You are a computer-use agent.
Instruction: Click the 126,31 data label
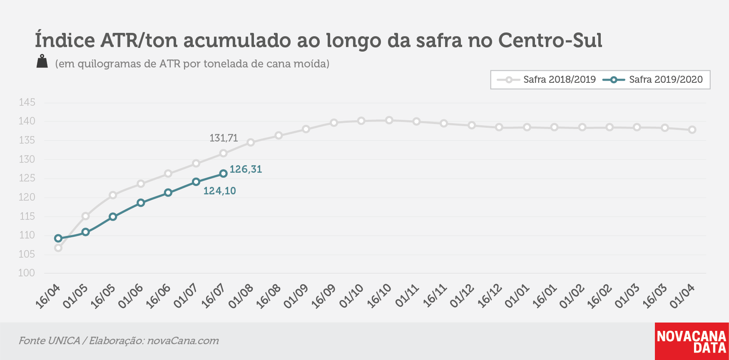tap(246, 169)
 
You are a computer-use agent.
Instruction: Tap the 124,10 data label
tap(219, 191)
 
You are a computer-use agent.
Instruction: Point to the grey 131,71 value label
tap(224, 138)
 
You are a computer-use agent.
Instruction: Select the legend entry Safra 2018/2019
tap(546, 79)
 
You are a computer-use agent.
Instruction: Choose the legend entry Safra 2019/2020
tap(652, 79)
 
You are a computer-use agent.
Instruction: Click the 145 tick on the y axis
tap(27, 102)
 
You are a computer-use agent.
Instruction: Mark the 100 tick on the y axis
tap(27, 273)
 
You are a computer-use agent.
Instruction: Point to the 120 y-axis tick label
tap(27, 197)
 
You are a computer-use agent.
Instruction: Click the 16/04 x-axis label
tap(48, 297)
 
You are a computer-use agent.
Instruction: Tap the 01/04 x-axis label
tap(682, 297)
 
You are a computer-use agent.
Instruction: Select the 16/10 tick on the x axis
tap(379, 297)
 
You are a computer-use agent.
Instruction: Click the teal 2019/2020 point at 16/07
tap(224, 174)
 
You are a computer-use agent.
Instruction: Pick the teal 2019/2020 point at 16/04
tap(58, 238)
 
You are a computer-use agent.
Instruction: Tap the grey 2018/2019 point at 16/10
tap(389, 120)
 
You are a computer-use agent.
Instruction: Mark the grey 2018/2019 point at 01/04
tap(692, 130)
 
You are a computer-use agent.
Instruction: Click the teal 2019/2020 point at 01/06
tap(141, 203)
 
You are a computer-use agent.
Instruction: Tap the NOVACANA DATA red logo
tap(692, 341)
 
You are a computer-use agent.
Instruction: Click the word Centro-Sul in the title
tap(550, 40)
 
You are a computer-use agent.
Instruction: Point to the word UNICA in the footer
tap(64, 340)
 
